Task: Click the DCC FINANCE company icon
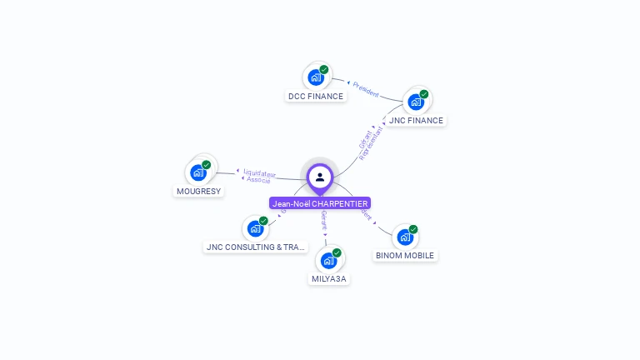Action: [x=315, y=77]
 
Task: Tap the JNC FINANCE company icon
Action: [x=415, y=102]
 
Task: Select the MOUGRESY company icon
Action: [x=197, y=172]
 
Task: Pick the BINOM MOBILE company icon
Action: [x=404, y=237]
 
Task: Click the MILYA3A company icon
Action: [x=328, y=260]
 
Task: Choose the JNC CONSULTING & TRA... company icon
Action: [x=255, y=228]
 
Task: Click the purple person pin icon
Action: [x=320, y=177]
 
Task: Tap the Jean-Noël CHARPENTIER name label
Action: [x=320, y=203]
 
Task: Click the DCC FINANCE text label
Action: [x=316, y=97]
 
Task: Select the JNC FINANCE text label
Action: [x=416, y=121]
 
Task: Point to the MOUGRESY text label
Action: [x=198, y=192]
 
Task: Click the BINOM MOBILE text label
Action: [x=405, y=256]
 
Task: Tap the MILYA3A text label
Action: [x=329, y=279]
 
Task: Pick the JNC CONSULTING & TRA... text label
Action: [x=256, y=247]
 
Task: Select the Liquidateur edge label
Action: [x=259, y=172]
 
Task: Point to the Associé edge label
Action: [x=258, y=180]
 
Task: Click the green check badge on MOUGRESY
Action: [x=206, y=165]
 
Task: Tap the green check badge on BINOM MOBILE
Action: [x=413, y=229]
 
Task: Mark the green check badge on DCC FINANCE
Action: [x=323, y=70]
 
